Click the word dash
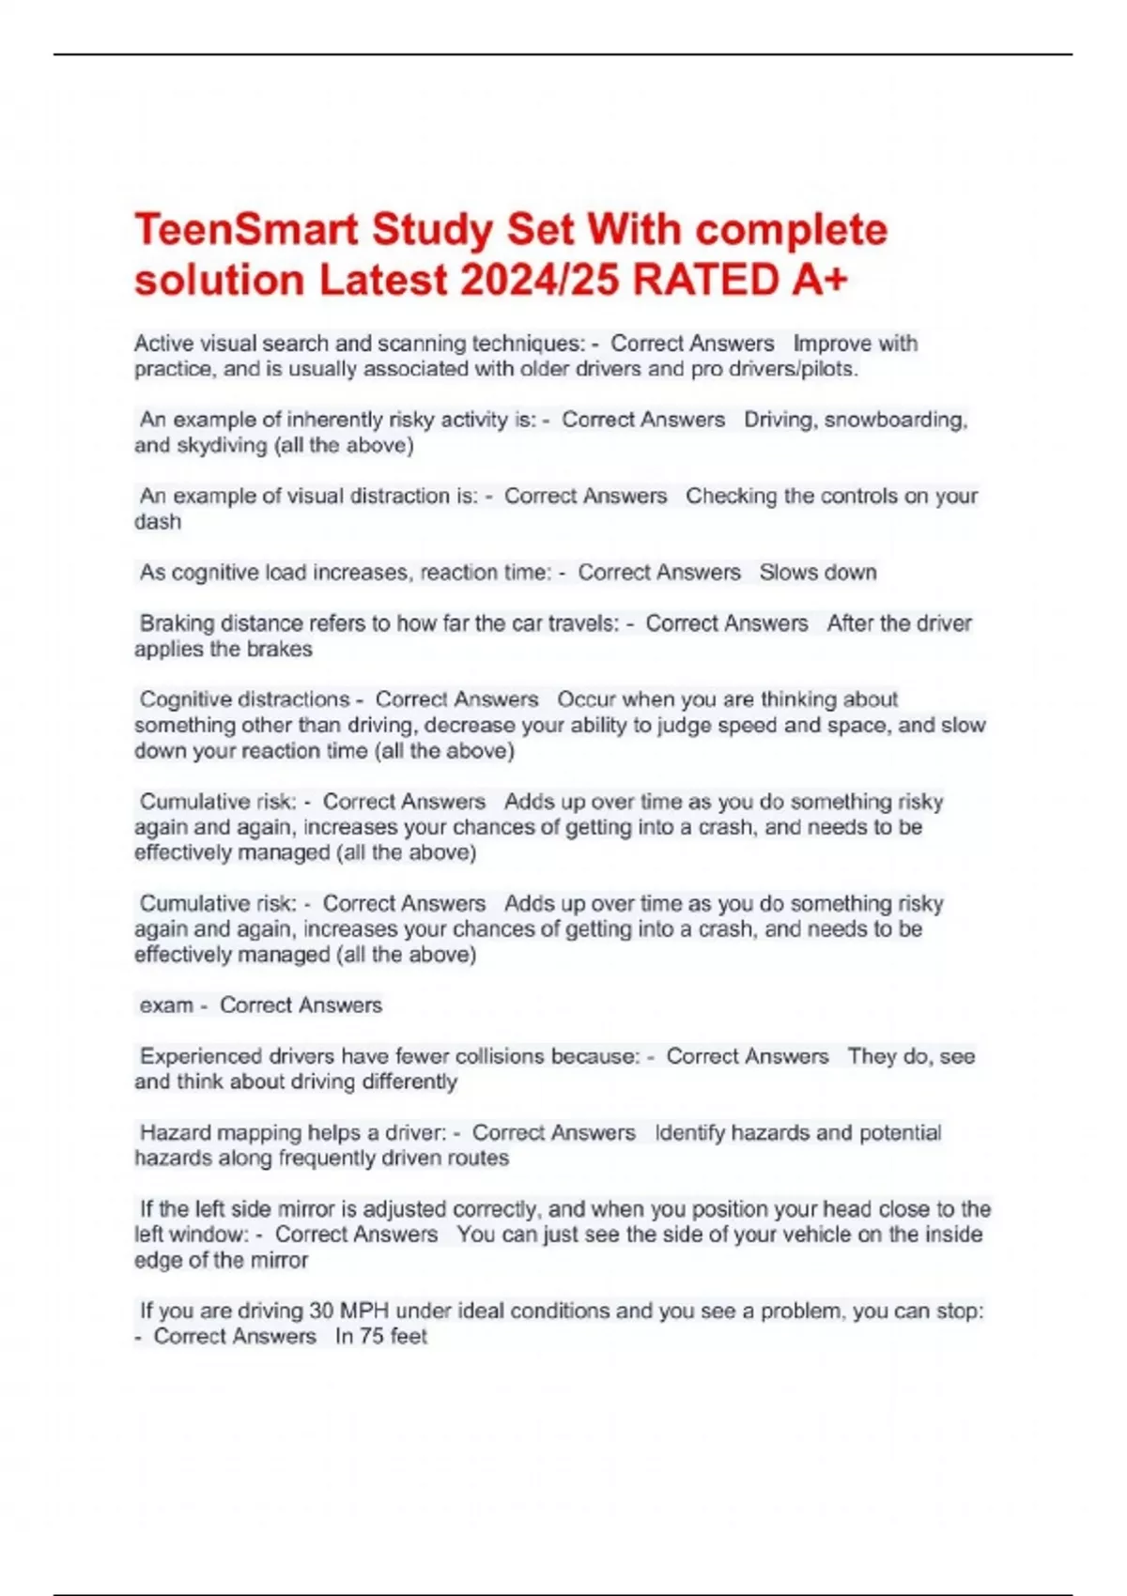158,522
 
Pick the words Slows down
817,573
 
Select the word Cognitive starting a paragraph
197,699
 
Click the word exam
166,1005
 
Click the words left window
191,1235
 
